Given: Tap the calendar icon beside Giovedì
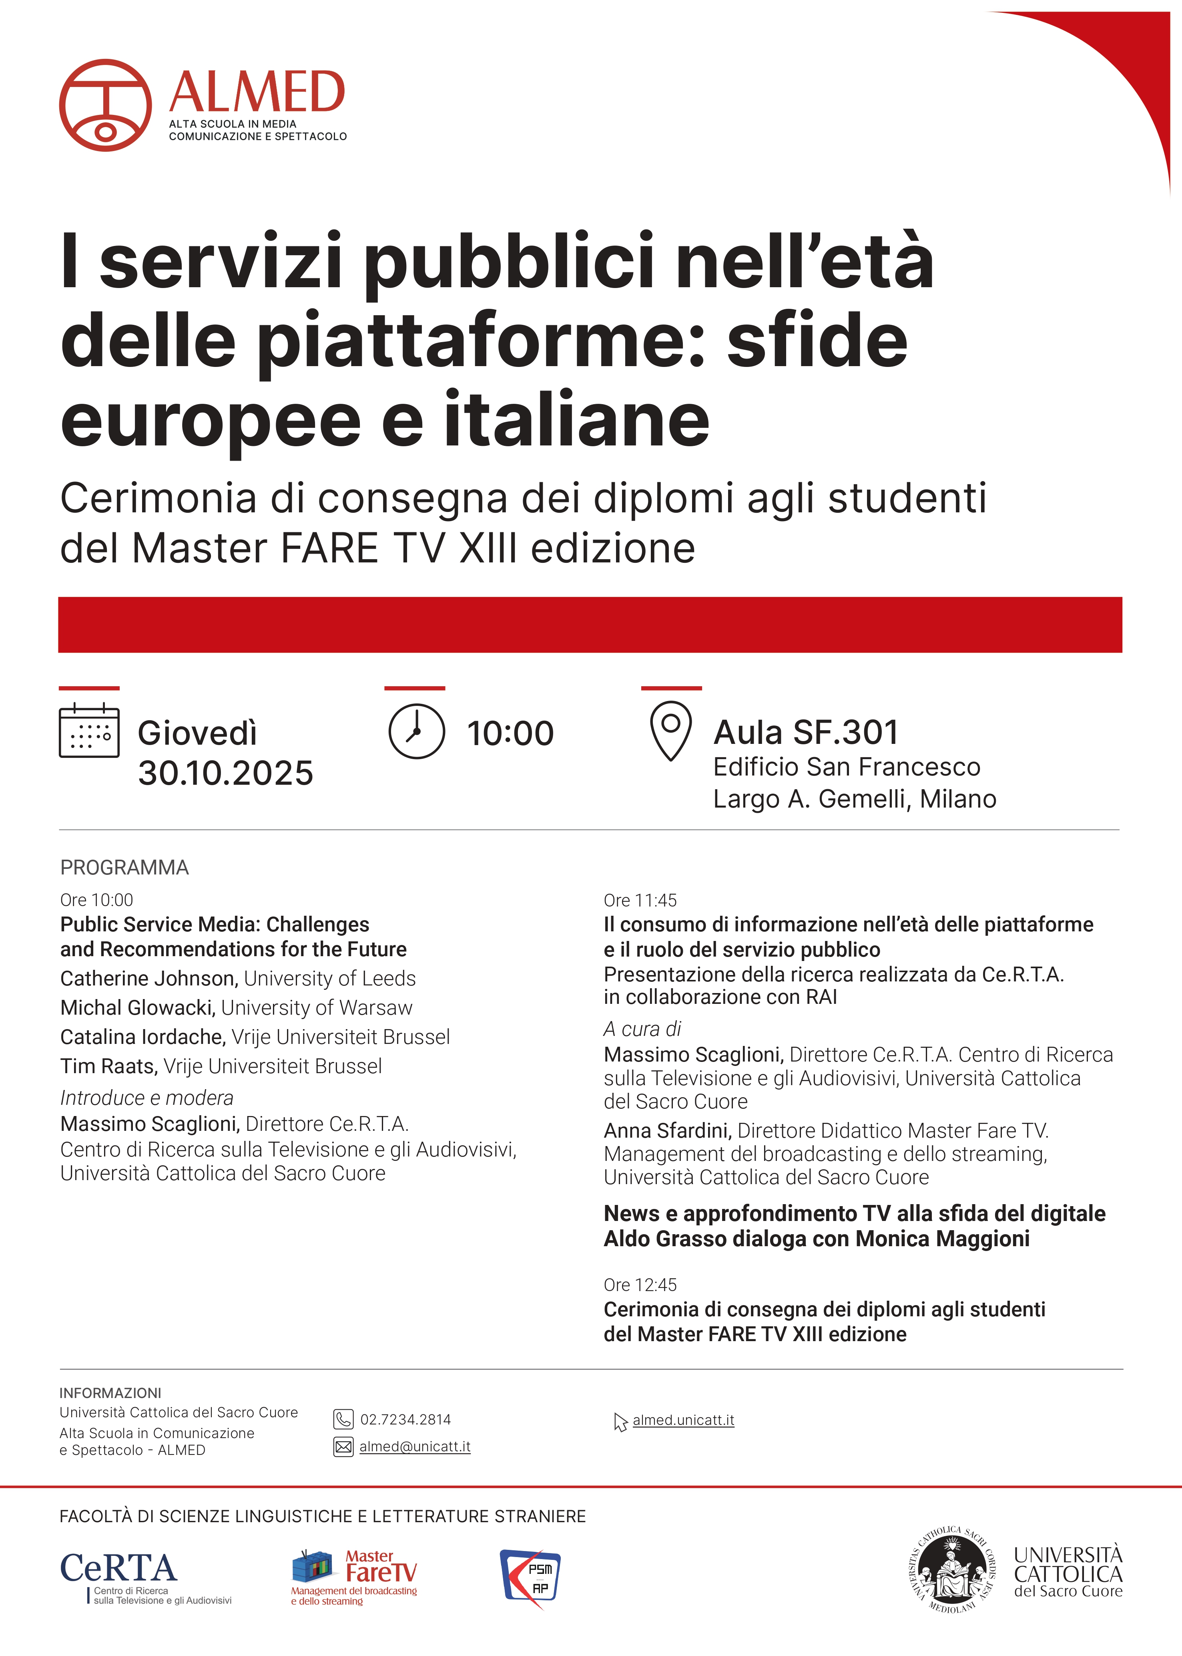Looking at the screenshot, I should [x=89, y=730].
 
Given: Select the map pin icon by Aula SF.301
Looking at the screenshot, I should [x=670, y=730].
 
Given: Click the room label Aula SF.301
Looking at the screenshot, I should [x=806, y=733].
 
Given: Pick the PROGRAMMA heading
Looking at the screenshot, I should [x=124, y=867].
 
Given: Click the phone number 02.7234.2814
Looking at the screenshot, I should [x=405, y=1419].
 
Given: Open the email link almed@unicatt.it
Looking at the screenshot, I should [x=415, y=1446].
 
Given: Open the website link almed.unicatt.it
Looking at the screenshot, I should [x=683, y=1420].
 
